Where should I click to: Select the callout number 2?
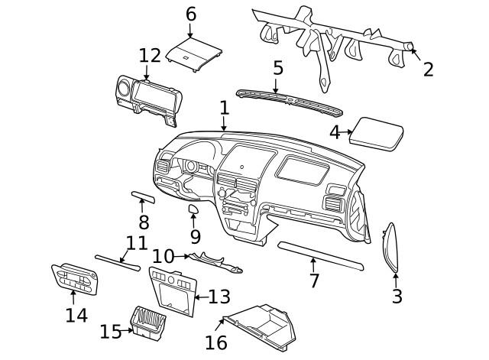pyautogui.click(x=428, y=70)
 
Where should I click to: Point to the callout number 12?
pyautogui.click(x=150, y=56)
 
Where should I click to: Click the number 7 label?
pyautogui.click(x=313, y=280)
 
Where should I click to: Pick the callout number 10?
pyautogui.click(x=163, y=255)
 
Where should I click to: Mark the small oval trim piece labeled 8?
pyautogui.click(x=143, y=199)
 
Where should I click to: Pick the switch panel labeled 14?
pyautogui.click(x=75, y=277)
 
